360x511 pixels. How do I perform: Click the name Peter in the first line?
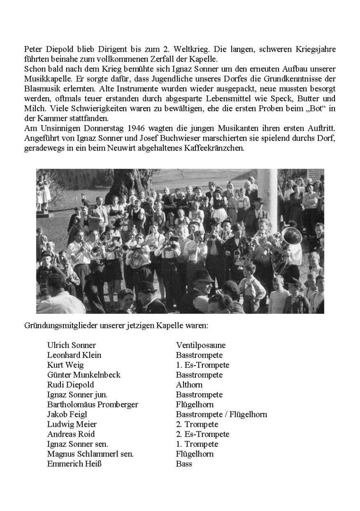point(33,49)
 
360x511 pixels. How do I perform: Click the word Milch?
point(33,108)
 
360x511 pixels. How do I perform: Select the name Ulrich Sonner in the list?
point(71,345)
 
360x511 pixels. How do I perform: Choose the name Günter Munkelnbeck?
point(84,375)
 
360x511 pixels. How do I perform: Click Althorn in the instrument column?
point(189,385)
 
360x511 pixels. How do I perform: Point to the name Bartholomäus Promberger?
point(93,405)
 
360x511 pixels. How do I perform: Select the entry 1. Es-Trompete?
point(202,365)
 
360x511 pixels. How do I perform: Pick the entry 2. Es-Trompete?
point(202,434)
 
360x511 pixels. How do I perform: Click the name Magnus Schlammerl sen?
point(90,454)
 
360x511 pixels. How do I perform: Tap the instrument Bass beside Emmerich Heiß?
point(184,464)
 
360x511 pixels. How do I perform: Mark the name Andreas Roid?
point(71,434)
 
